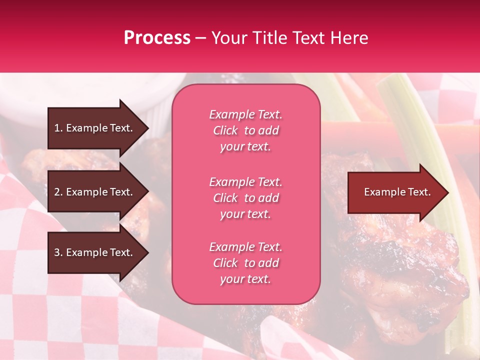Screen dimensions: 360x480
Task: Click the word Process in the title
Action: point(157,38)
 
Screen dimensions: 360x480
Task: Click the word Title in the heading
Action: point(270,38)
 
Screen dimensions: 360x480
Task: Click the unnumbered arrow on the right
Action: point(397,192)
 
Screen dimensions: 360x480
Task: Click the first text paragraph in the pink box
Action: point(245,130)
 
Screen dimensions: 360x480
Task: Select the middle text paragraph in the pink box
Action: point(245,198)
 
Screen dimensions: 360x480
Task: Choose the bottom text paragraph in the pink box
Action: point(245,263)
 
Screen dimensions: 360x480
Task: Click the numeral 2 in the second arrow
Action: point(57,192)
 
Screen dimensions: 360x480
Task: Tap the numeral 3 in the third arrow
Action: point(57,252)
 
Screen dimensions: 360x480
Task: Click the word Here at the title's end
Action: point(349,38)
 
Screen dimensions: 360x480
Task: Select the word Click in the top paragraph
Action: point(225,130)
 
